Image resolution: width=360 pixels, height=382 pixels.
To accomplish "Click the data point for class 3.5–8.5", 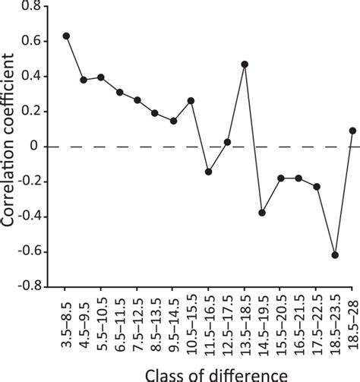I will click(x=66, y=36).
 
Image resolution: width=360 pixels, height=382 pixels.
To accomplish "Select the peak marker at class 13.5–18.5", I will click(x=245, y=64).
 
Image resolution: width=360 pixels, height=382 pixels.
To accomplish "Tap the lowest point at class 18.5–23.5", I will click(x=334, y=255).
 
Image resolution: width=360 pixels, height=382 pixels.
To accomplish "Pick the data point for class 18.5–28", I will click(x=352, y=130).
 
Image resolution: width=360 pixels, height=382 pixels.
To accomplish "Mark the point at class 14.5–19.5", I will click(x=262, y=213).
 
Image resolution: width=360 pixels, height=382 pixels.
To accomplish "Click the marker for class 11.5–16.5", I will click(x=209, y=172).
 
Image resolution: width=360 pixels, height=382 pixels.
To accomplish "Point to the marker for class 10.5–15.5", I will click(x=191, y=100).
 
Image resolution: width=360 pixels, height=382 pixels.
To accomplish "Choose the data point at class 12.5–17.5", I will click(x=227, y=142).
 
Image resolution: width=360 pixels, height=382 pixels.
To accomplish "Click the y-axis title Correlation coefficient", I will click(x=11, y=144).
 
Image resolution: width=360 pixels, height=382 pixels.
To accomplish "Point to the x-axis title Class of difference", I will click(x=209, y=373).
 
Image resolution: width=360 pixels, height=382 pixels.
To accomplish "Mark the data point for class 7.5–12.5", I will click(x=137, y=100).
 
